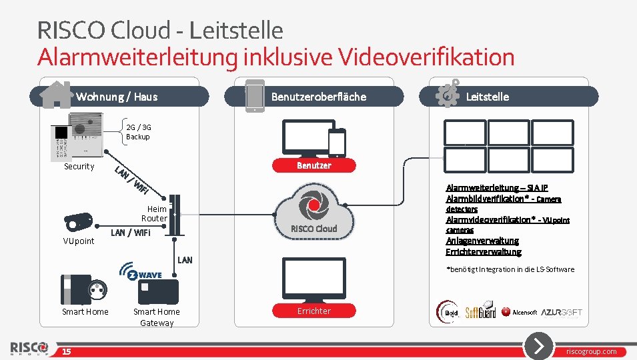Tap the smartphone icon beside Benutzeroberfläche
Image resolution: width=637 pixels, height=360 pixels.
click(254, 95)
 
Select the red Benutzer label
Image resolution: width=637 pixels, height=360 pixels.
click(313, 165)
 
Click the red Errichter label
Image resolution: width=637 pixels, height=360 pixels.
click(313, 311)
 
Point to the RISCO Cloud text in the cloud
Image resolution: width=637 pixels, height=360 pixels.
click(313, 229)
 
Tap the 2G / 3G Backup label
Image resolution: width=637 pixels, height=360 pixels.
click(138, 132)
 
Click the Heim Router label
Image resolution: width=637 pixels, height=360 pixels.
click(154, 213)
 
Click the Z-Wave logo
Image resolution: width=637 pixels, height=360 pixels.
click(141, 271)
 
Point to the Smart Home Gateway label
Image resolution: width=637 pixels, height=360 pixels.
click(156, 317)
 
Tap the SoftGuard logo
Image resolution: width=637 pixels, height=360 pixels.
click(480, 311)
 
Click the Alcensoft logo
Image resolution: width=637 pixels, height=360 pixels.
click(520, 312)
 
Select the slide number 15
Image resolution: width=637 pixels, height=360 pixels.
click(67, 351)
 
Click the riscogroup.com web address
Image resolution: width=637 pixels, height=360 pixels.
click(592, 351)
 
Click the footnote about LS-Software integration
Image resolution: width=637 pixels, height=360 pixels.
click(510, 269)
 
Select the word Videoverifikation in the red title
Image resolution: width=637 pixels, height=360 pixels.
click(427, 57)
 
